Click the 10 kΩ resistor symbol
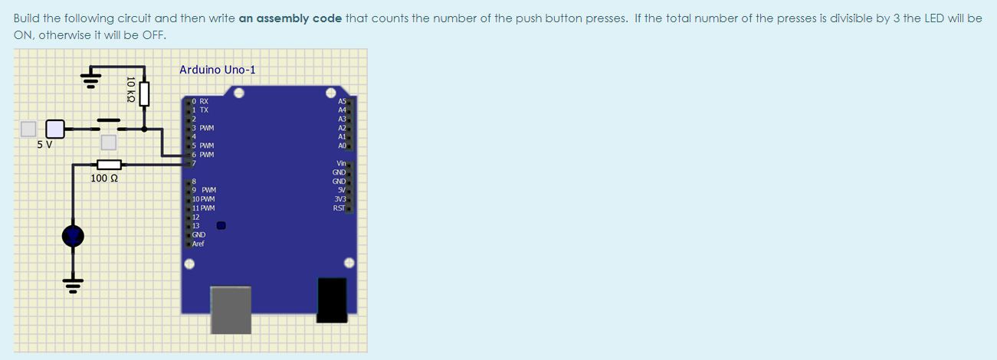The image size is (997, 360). coord(143,92)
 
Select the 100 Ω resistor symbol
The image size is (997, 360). coord(110,164)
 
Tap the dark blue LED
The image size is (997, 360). coord(73,237)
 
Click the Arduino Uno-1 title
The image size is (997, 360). coord(218,70)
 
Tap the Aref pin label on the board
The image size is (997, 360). coord(198,244)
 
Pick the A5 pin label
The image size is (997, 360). coord(342,101)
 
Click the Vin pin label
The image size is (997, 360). coord(341,164)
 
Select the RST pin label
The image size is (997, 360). coord(339,208)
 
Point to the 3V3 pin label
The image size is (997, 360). coord(339,199)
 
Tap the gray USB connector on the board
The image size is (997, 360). coord(231,309)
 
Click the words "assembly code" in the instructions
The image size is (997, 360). coord(290,18)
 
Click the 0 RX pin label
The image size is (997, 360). coord(200,101)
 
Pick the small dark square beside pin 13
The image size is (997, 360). coord(221,226)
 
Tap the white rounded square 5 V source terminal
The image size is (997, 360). coord(55,128)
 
